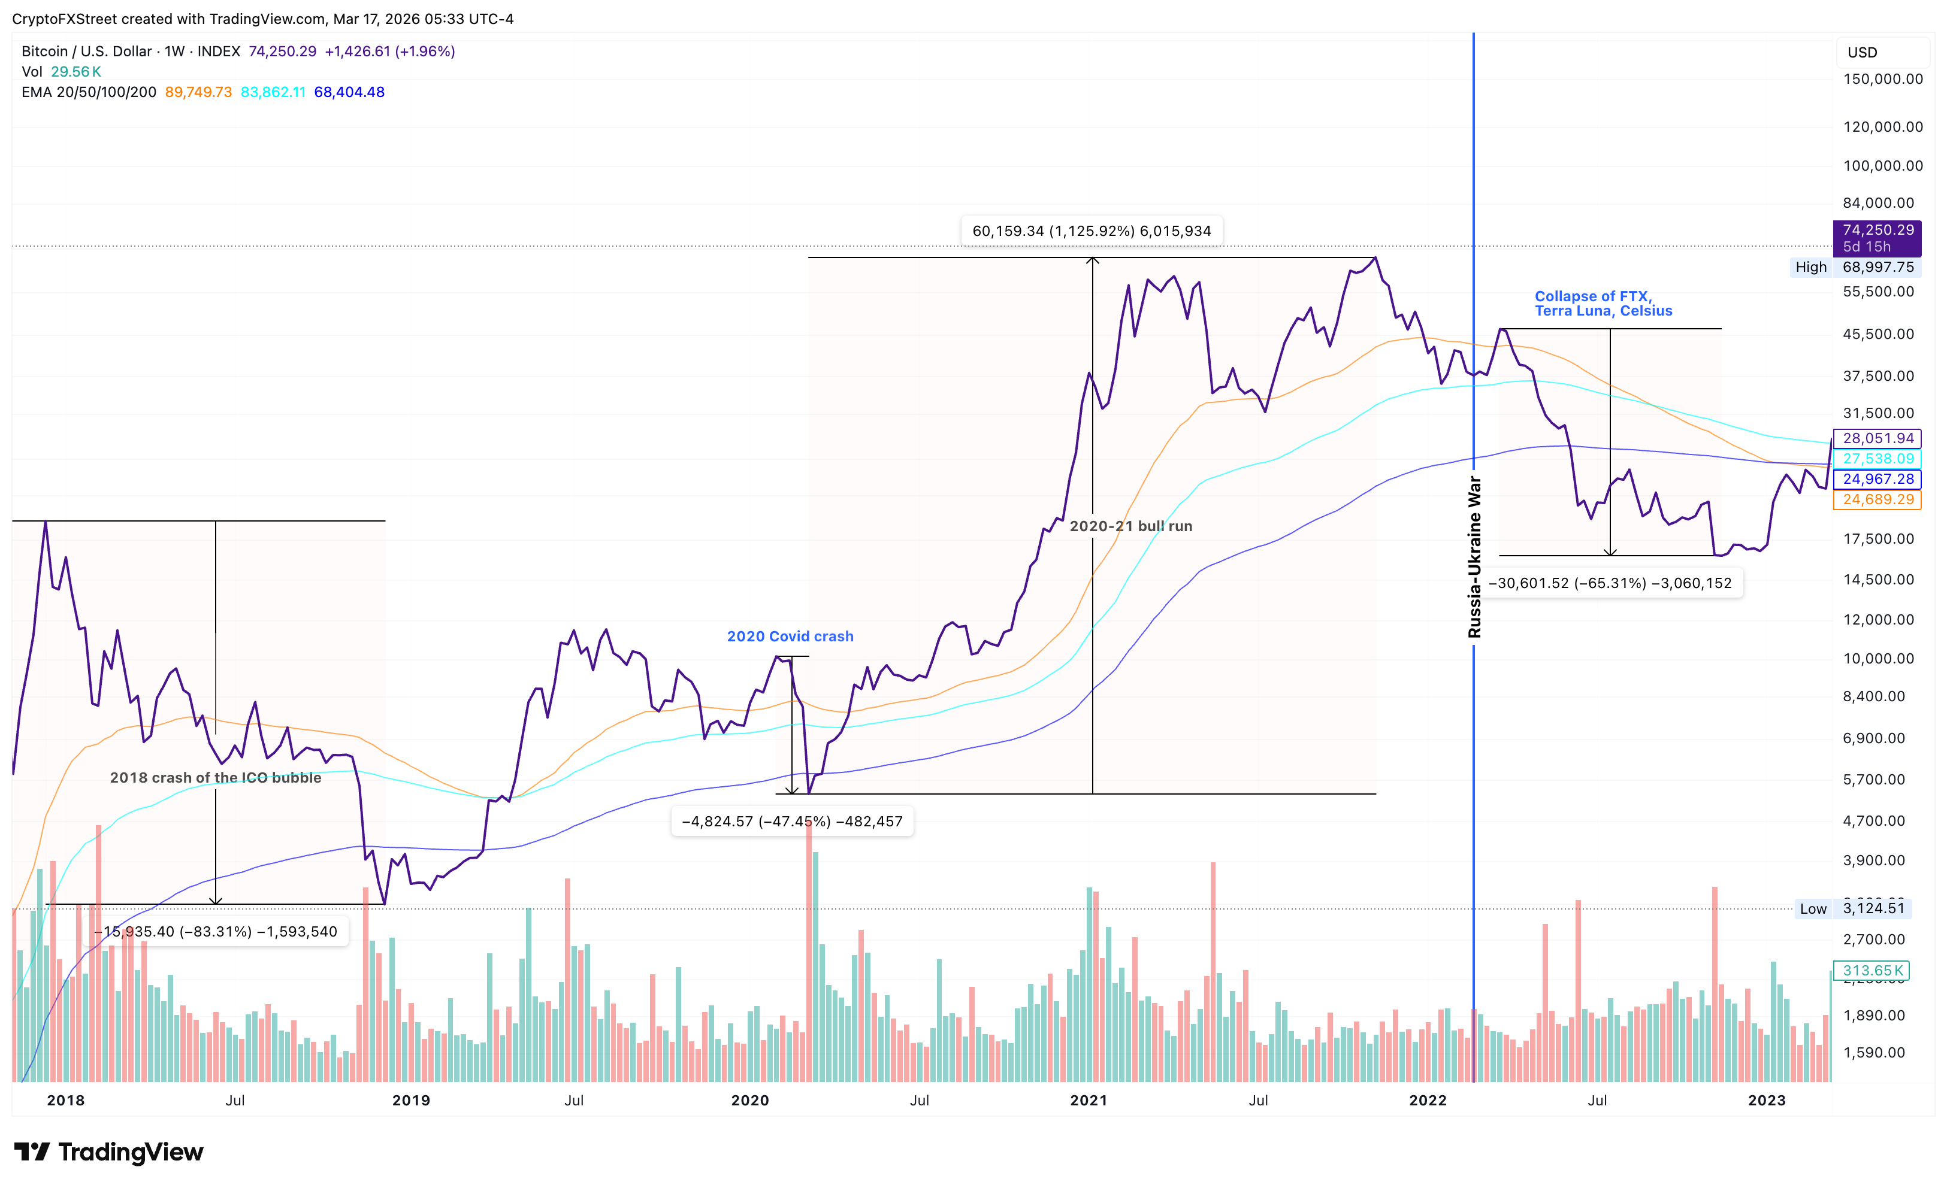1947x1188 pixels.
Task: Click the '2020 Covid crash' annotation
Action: click(790, 636)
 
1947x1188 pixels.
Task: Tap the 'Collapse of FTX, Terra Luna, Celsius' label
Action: click(1603, 304)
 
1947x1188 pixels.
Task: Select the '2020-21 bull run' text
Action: click(1130, 526)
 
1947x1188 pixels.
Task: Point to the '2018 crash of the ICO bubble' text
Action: click(215, 777)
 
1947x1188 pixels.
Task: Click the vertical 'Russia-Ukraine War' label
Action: click(1474, 557)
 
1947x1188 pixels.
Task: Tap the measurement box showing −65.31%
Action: click(1610, 583)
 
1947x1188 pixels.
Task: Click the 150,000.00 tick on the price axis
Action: click(1882, 79)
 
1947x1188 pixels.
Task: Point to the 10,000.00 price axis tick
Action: click(1878, 659)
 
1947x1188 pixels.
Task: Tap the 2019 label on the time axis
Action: click(411, 1101)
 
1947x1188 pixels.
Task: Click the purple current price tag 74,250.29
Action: click(1878, 230)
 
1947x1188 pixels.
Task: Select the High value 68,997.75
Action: click(1878, 267)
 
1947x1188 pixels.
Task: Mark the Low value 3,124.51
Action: click(1873, 908)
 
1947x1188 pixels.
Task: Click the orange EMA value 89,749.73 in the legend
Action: click(198, 92)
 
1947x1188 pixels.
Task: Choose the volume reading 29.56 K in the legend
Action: click(76, 71)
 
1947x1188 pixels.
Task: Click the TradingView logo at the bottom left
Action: click(109, 1153)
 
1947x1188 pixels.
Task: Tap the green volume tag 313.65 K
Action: click(1872, 970)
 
